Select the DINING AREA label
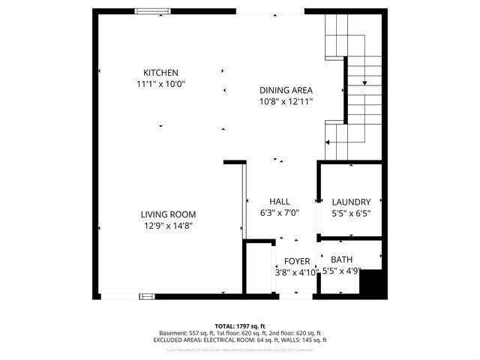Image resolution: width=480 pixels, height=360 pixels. pos(286,88)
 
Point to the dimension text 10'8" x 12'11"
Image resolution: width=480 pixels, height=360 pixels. pos(286,100)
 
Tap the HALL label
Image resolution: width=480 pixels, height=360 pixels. pos(280,201)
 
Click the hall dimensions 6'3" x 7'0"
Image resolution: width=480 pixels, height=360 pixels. pos(280,213)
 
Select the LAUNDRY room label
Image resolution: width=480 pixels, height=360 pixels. pos(351,201)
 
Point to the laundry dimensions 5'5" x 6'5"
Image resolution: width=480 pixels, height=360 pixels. pos(351,213)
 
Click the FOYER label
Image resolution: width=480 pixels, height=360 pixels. pos(296,260)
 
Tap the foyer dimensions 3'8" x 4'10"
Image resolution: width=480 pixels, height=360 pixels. pos(296,272)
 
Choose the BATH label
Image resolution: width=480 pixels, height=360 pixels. pos(342,259)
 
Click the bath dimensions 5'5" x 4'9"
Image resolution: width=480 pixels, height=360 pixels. pos(342,271)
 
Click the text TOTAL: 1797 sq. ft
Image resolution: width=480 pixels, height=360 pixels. pos(240,326)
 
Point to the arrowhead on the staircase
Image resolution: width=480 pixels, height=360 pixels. pos(364,82)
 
